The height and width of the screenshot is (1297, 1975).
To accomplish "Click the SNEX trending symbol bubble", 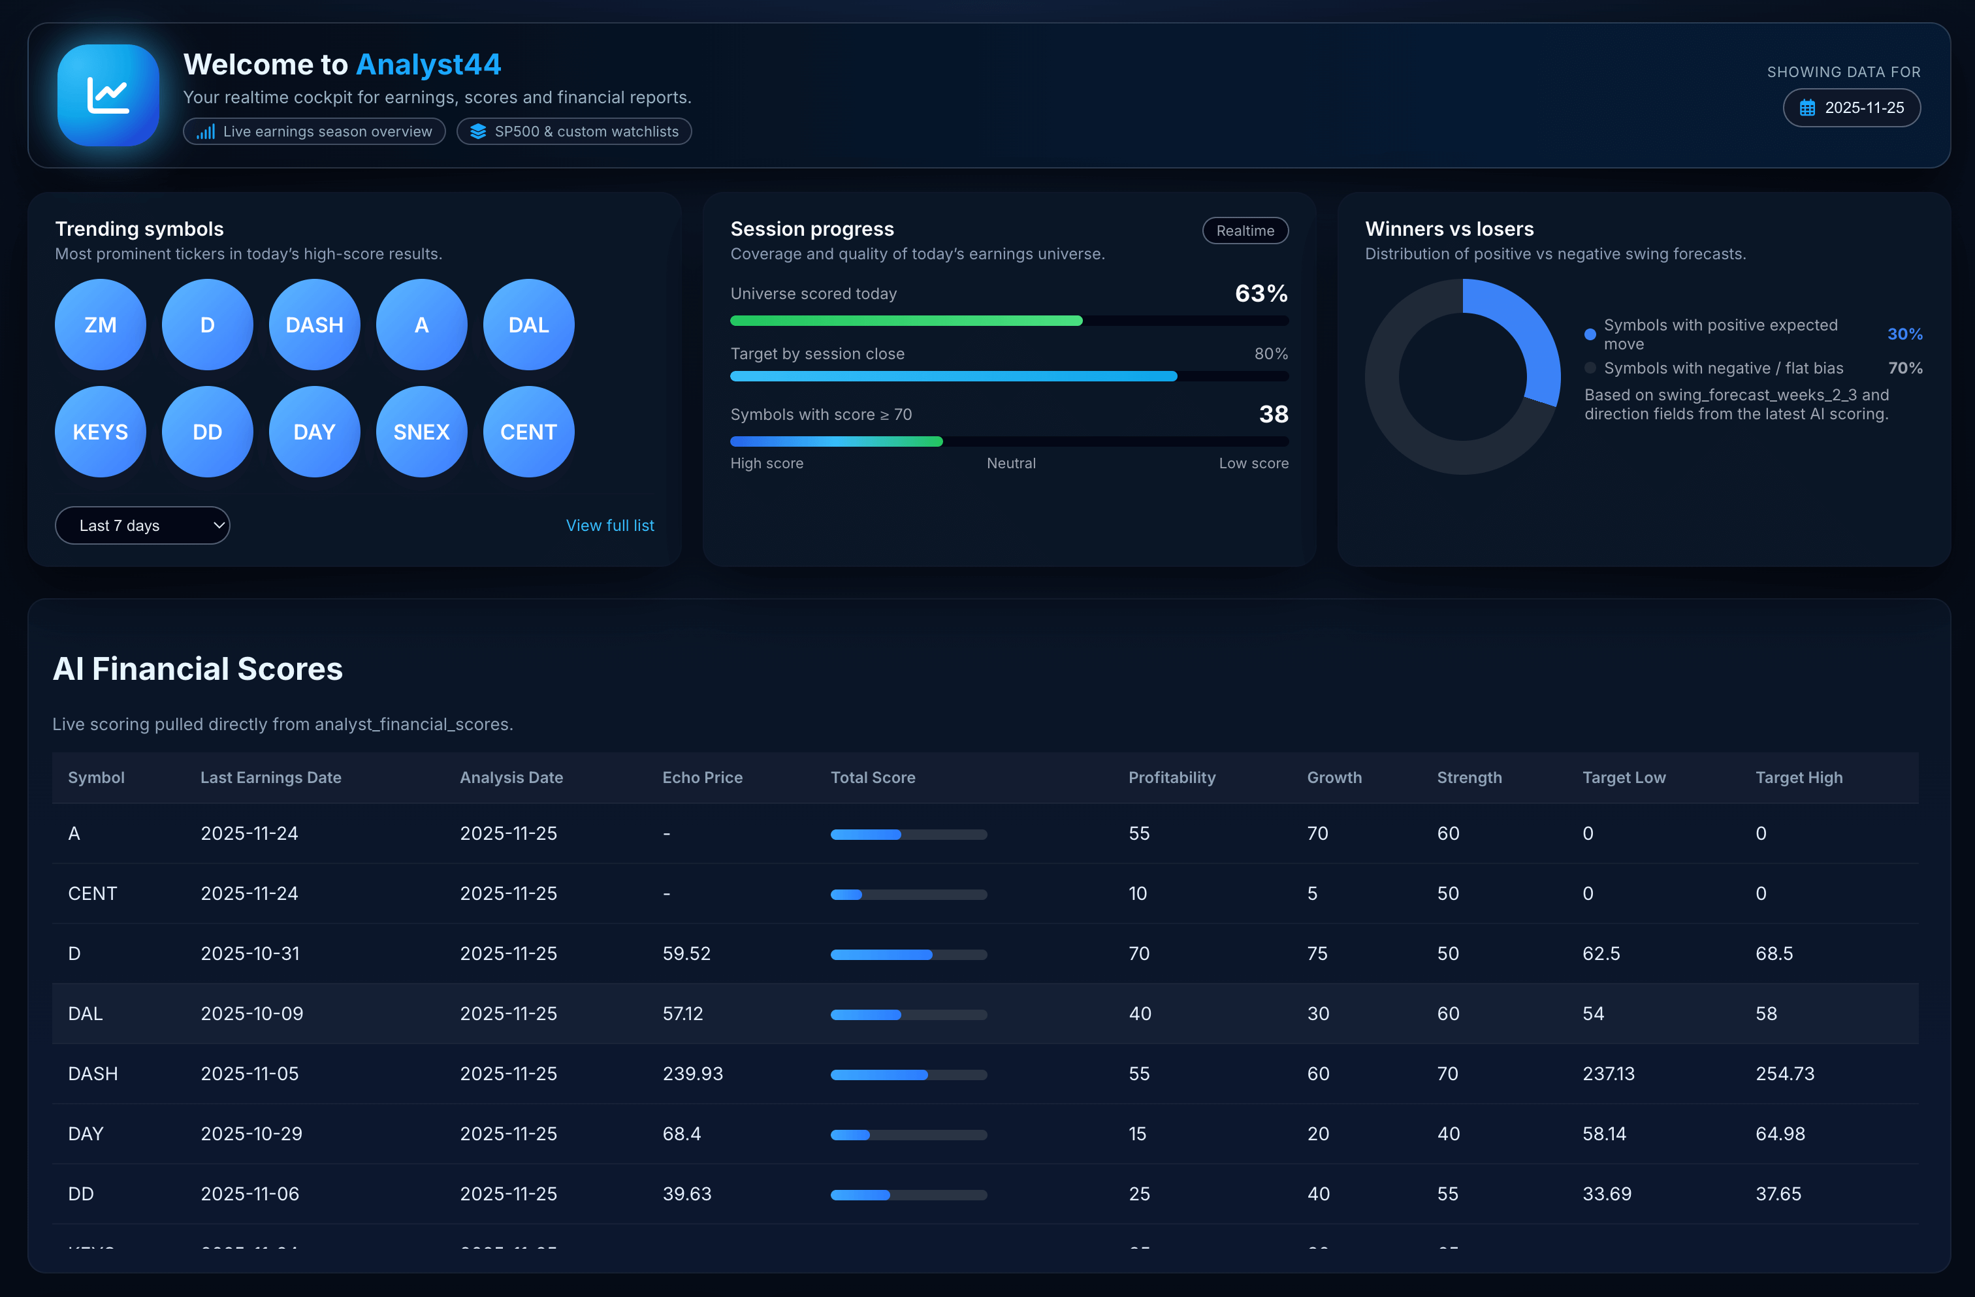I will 421,432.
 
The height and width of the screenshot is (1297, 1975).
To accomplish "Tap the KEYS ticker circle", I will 101,432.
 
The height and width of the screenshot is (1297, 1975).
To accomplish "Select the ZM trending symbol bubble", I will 101,325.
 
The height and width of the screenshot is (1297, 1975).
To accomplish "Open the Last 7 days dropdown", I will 142,525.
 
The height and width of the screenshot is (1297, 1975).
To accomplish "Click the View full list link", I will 610,525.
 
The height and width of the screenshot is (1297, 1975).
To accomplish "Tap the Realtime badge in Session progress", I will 1245,231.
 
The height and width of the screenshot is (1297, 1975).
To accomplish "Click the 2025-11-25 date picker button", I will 1852,108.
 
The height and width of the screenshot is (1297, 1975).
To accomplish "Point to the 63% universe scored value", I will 1260,294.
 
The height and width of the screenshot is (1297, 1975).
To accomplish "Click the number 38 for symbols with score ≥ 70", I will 1273,414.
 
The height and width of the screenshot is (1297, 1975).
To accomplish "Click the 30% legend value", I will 1904,334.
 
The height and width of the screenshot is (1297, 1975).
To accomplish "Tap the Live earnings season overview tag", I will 315,132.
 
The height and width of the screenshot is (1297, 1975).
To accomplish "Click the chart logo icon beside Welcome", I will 108,95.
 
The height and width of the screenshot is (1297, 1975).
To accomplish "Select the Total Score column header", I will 873,778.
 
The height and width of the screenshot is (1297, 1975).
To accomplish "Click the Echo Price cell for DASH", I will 693,1074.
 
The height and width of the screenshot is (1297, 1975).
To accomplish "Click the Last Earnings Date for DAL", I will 252,1013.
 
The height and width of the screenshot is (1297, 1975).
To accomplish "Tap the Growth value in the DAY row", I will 1318,1134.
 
